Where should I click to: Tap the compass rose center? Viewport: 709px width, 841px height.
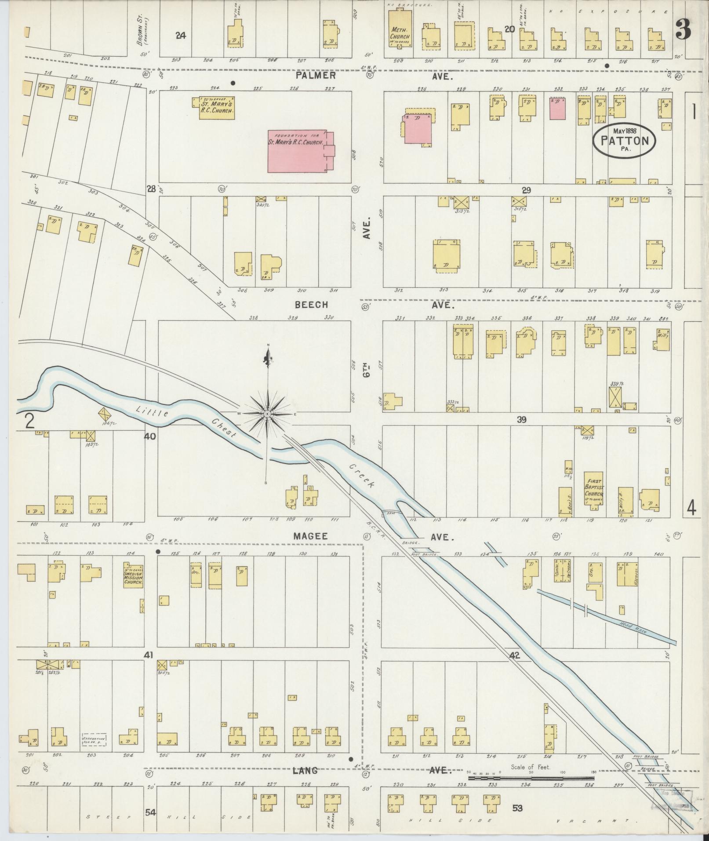[267, 414]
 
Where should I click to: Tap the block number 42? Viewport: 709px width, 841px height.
[515, 667]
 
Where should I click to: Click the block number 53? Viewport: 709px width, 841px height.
[517, 808]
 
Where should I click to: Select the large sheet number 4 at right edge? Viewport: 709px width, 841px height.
[691, 509]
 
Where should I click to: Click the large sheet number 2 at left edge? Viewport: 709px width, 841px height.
[29, 421]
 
